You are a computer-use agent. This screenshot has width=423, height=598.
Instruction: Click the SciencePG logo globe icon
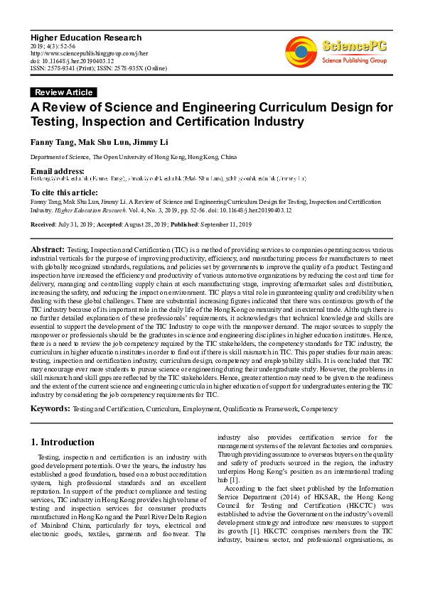click(301, 50)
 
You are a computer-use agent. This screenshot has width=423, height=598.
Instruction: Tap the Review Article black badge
click(63, 92)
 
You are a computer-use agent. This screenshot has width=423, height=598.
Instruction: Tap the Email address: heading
click(58, 171)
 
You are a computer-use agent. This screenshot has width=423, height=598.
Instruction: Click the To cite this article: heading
click(64, 192)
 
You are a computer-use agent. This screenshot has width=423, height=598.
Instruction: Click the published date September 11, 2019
click(223, 224)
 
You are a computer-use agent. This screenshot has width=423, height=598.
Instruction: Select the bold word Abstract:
click(48, 251)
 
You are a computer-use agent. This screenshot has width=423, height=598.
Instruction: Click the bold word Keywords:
click(50, 409)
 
